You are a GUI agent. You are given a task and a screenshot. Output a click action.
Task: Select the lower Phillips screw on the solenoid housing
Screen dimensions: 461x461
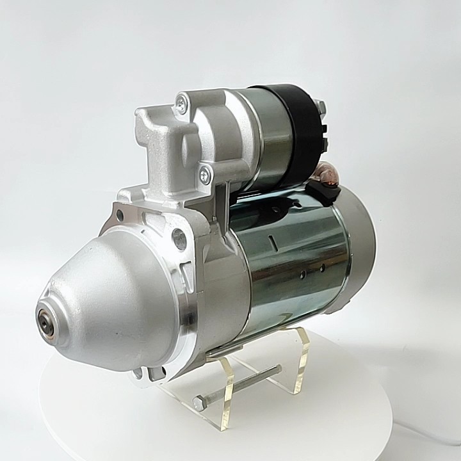click(x=204, y=172)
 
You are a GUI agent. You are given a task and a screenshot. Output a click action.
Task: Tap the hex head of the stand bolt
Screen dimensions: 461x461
click(x=199, y=403)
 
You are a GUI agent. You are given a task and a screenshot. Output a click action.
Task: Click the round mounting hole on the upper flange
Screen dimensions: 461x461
click(x=180, y=239)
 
